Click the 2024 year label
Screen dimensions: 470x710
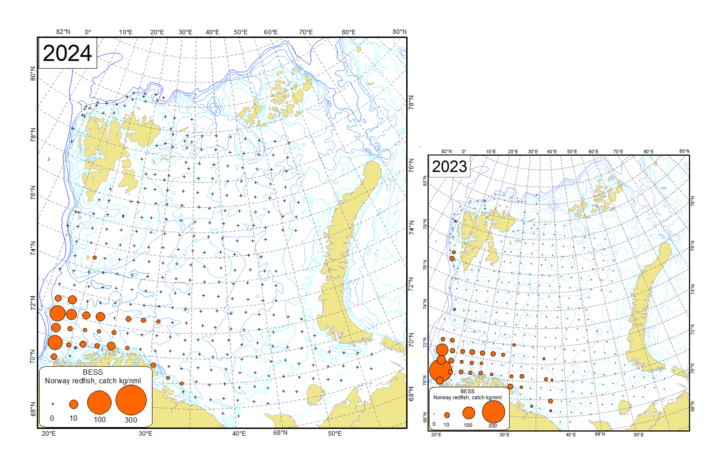(x=67, y=53)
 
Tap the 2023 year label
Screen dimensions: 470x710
(x=449, y=167)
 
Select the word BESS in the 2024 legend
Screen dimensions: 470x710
(x=93, y=372)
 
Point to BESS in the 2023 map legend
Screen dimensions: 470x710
(x=467, y=391)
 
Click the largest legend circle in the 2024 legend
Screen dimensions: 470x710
(x=131, y=400)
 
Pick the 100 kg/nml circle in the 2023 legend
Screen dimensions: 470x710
(x=469, y=413)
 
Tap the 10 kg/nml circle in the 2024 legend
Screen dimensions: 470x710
(x=74, y=404)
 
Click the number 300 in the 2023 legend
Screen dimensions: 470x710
(x=492, y=425)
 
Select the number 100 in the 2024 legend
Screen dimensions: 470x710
(x=99, y=419)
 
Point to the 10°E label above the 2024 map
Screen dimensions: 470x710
(x=125, y=32)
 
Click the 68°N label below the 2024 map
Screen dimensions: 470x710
(x=280, y=433)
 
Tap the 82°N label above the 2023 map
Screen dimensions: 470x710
(x=446, y=151)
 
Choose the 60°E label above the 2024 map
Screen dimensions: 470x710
(x=271, y=32)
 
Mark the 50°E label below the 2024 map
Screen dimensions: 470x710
(x=334, y=433)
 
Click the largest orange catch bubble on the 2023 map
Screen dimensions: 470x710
(x=441, y=370)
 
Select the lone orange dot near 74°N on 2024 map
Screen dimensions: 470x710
(x=94, y=257)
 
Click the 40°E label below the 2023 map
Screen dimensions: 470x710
(x=571, y=434)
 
